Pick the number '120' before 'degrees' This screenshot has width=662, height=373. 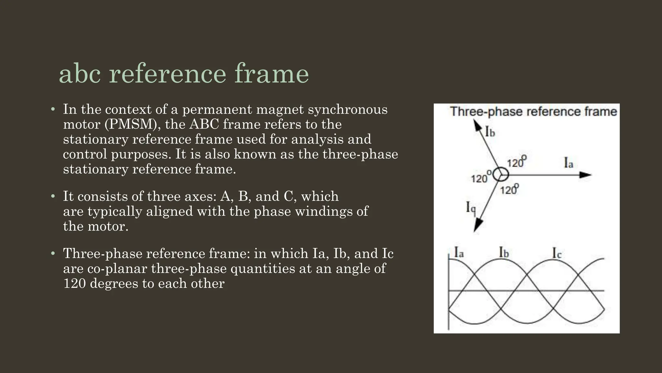[74, 283]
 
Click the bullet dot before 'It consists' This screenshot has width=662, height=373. [53, 196]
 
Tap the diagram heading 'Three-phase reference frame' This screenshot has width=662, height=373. [533, 111]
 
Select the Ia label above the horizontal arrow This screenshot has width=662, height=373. [569, 163]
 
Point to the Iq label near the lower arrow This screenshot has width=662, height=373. [471, 207]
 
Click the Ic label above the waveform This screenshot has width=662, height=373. [557, 253]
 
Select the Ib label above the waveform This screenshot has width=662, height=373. [504, 252]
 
